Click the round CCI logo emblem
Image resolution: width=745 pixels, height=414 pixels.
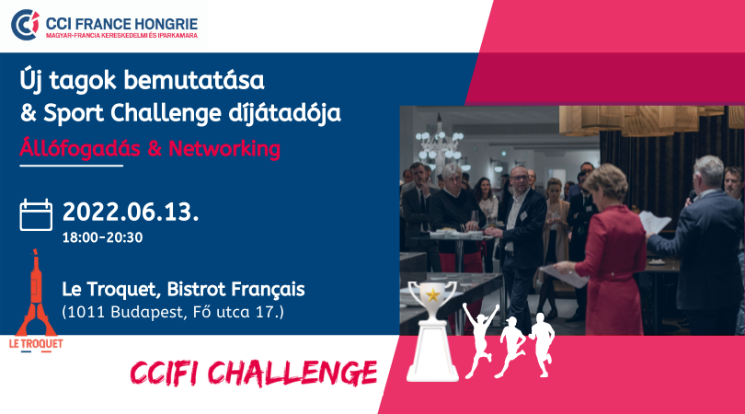pos(25,24)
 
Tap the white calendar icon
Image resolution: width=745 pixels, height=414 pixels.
pos(36,215)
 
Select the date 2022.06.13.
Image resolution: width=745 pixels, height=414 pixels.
pos(131,212)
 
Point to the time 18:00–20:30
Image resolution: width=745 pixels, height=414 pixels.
pos(103,237)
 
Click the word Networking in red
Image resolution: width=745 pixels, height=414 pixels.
pos(224,149)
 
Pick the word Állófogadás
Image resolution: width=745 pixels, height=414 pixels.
pos(80,148)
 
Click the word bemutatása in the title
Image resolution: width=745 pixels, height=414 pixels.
pos(194,80)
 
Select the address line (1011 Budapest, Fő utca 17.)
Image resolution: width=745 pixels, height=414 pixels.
pos(173,312)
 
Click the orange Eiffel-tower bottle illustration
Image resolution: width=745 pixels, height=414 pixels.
pos(36,293)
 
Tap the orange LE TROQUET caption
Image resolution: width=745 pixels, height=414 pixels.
pos(36,344)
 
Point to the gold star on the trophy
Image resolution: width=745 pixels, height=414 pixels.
pos(433,294)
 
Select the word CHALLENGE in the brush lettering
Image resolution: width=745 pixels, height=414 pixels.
pos(292,374)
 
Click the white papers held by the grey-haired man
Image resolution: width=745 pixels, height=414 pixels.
pos(654,223)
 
